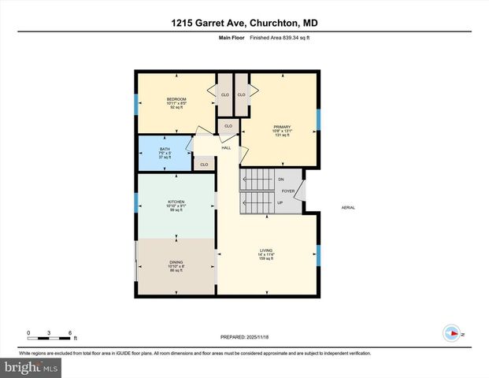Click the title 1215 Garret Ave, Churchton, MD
244,24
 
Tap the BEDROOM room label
176,98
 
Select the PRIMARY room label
282,127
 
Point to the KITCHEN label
176,202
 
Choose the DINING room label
176,262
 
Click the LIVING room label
265,250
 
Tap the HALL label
226,147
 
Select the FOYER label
288,191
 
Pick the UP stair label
280,202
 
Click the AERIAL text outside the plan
348,207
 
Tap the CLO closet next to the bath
204,164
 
